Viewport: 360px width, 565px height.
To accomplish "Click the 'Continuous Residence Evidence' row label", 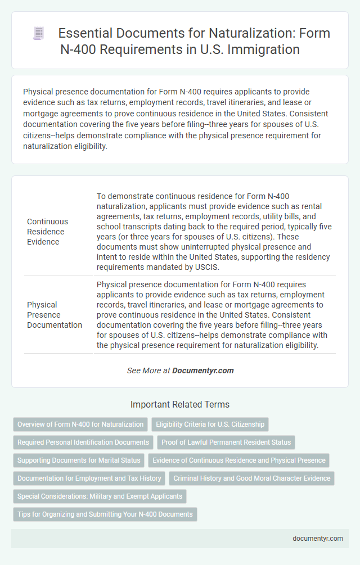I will pyautogui.click(x=47, y=232).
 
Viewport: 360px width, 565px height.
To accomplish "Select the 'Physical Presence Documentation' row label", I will pyautogui.click(x=55, y=314).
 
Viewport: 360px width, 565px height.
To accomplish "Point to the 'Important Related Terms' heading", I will pyautogui.click(x=180, y=404).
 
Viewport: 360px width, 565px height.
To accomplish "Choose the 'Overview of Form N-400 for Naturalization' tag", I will pyautogui.click(x=80, y=424).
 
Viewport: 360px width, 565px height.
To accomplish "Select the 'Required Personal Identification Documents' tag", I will pyautogui.click(x=83, y=442).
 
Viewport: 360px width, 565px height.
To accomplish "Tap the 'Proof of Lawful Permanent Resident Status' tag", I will pyautogui.click(x=226, y=442).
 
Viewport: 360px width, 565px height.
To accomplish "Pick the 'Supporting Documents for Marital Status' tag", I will pyautogui.click(x=79, y=460).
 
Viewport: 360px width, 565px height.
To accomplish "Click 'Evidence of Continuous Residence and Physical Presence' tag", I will pyautogui.click(x=239, y=460).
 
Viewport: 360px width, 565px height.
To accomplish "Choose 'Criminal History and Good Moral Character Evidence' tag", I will pyautogui.click(x=252, y=478).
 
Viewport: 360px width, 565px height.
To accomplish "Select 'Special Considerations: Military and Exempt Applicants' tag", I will pyautogui.click(x=100, y=496).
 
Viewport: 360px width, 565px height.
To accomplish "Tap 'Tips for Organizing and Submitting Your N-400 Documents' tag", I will pyautogui.click(x=105, y=514).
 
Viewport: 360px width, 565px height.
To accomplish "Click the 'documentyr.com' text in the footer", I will pyautogui.click(x=318, y=538).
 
